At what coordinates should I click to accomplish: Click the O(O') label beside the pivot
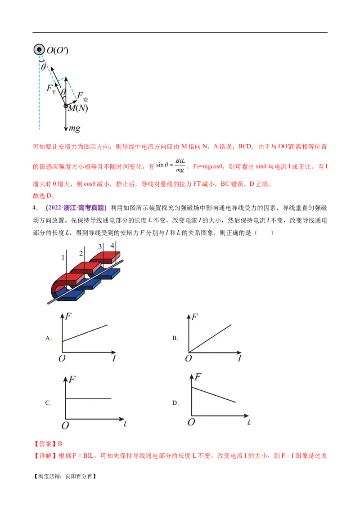(x=58, y=50)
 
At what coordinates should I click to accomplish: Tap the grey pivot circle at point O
(x=39, y=49)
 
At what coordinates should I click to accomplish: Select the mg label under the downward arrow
(x=74, y=129)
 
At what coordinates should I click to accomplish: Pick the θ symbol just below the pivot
(x=44, y=67)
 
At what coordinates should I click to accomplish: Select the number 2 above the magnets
(x=81, y=254)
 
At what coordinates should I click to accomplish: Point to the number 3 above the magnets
(x=100, y=246)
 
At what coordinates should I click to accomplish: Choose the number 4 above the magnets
(x=112, y=246)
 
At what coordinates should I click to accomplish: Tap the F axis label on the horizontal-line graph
(x=72, y=379)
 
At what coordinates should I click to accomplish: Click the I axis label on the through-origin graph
(x=239, y=358)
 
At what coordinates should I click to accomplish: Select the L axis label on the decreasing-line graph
(x=248, y=422)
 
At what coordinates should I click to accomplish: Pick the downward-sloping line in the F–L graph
(x=214, y=394)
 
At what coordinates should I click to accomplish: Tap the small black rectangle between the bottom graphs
(x=175, y=403)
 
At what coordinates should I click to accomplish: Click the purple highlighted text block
(x=76, y=208)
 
